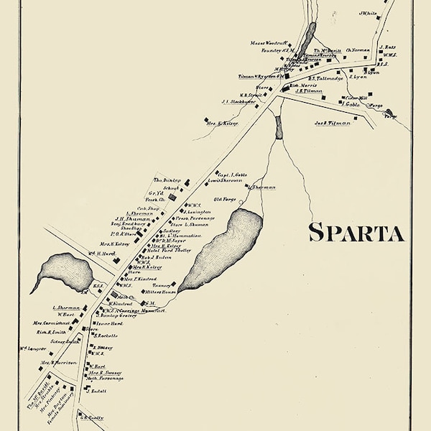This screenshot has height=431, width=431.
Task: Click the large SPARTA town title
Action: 356,233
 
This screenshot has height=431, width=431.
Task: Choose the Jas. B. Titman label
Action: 331,123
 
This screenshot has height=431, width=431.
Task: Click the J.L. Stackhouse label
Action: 239,101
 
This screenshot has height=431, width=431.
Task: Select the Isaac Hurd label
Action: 106,324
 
